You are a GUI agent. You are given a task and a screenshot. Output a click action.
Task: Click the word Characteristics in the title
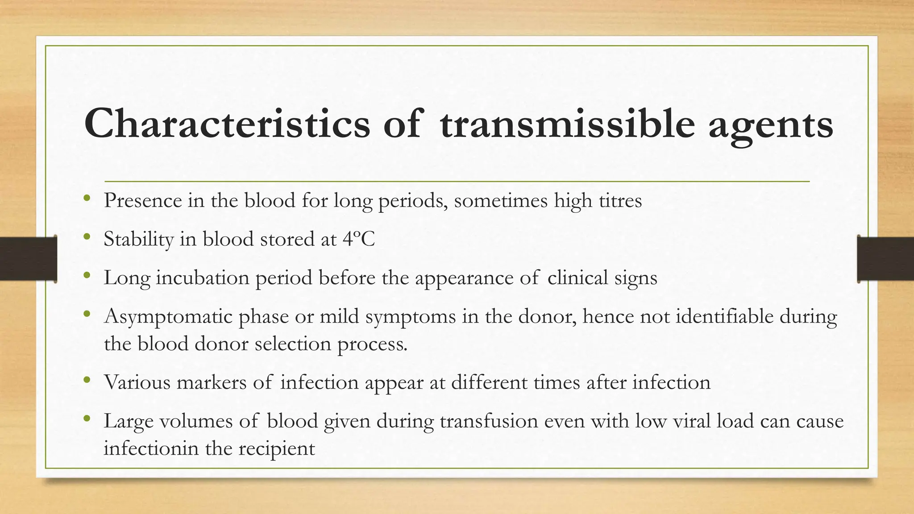click(227, 124)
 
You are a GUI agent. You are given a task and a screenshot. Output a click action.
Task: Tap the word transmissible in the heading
click(567, 124)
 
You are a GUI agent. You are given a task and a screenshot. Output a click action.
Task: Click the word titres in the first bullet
click(620, 200)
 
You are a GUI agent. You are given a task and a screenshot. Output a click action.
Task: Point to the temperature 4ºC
click(359, 239)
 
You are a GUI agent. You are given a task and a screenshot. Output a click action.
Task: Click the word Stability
click(138, 240)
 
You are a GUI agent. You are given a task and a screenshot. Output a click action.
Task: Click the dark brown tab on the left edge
click(28, 259)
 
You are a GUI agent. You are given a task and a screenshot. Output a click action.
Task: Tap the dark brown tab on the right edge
click(885, 259)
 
